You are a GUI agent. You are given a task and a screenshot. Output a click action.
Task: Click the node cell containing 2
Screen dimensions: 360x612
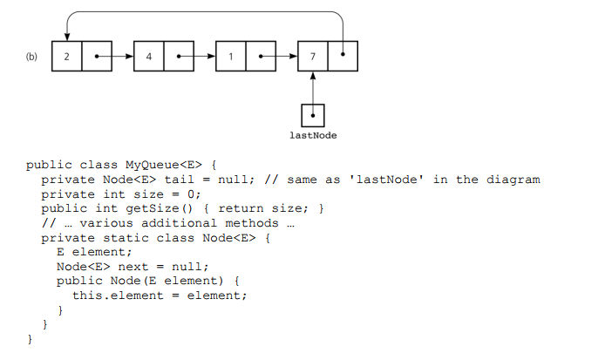pyautogui.click(x=67, y=56)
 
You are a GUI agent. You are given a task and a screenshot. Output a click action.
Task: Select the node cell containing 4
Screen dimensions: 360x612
pyautogui.click(x=149, y=56)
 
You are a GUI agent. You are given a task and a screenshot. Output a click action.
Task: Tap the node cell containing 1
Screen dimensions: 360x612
pyautogui.click(x=230, y=56)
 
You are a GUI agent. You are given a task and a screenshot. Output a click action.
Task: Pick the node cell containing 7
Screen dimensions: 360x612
pyautogui.click(x=312, y=56)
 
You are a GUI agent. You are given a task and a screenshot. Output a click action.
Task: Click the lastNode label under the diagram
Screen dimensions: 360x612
pyautogui.click(x=312, y=135)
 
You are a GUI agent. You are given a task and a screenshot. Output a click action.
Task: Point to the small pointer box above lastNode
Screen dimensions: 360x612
pyautogui.click(x=312, y=115)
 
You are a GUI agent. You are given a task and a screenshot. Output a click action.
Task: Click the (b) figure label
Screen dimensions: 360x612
pyautogui.click(x=31, y=57)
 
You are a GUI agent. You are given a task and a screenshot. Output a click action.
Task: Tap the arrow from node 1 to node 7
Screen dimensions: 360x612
pyautogui.click(x=279, y=56)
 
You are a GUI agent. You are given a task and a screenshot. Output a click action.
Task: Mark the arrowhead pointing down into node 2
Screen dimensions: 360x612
pyautogui.click(x=67, y=36)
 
